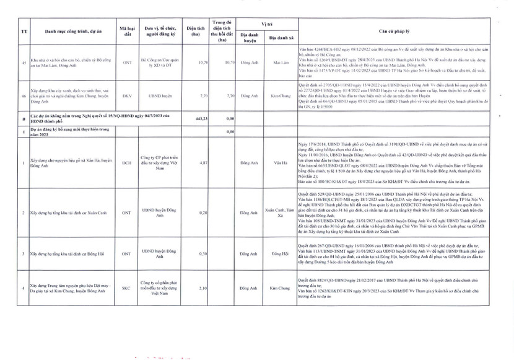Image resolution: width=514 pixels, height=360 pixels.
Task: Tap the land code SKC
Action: coord(126,288)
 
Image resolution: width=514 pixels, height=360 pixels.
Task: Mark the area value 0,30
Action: coord(201,254)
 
